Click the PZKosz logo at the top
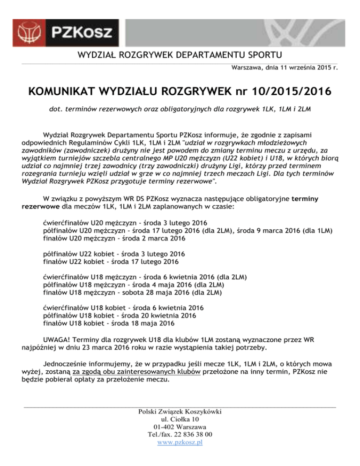pyautogui.click(x=70, y=31)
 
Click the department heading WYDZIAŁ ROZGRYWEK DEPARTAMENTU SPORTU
pyautogui.click(x=180, y=55)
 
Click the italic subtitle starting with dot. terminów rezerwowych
pyautogui.click(x=180, y=109)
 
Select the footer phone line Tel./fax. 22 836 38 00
pyautogui.click(x=180, y=435)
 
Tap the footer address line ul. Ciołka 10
pyautogui.click(x=180, y=419)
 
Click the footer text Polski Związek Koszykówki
pyautogui.click(x=180, y=412)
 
